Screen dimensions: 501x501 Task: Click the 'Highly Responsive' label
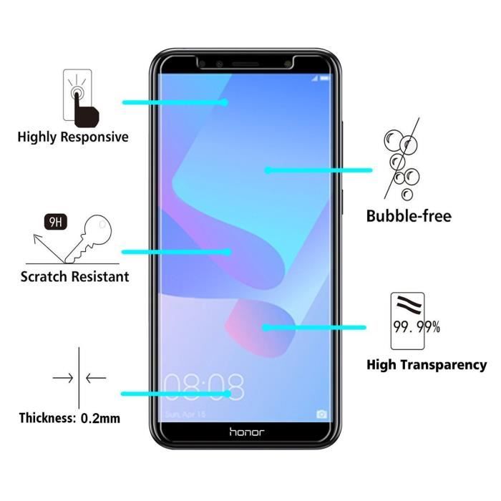pyautogui.click(x=73, y=137)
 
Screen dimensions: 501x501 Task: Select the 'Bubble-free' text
pyautogui.click(x=409, y=215)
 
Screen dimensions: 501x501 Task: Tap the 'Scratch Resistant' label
pyautogui.click(x=74, y=276)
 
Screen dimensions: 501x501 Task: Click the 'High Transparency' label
pyautogui.click(x=427, y=365)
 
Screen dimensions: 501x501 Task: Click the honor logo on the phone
pyautogui.click(x=246, y=432)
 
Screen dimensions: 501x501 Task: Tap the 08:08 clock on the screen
pyautogui.click(x=204, y=387)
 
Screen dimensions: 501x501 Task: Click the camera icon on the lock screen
pyautogui.click(x=322, y=414)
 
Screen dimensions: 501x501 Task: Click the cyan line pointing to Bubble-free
pyautogui.click(x=318, y=170)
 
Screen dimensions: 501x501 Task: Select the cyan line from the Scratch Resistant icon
pyautogui.click(x=176, y=252)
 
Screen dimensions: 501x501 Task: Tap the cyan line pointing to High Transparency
pyautogui.click(x=314, y=328)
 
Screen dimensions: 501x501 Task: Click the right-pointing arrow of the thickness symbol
pyautogui.click(x=63, y=377)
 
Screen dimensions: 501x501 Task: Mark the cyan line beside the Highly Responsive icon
pyautogui.click(x=175, y=102)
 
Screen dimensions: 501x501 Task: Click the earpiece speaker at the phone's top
pyautogui.click(x=246, y=63)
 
